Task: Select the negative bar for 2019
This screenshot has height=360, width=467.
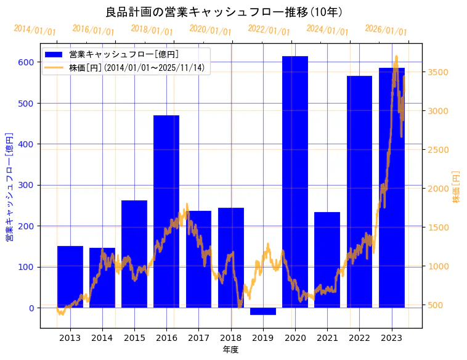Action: pyautogui.click(x=263, y=311)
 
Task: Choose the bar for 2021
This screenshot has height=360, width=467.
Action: pyautogui.click(x=327, y=260)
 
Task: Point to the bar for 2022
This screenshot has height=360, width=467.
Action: pyautogui.click(x=359, y=191)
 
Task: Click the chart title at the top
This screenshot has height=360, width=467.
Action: pyautogui.click(x=224, y=12)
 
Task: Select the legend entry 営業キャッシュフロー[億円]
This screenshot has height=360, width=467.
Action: pyautogui.click(x=124, y=55)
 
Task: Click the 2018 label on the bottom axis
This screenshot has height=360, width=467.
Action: pyautogui.click(x=230, y=338)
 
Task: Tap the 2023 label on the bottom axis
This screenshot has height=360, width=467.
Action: pyautogui.click(x=391, y=338)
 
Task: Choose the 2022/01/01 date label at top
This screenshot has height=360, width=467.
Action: pyautogui.click(x=269, y=30)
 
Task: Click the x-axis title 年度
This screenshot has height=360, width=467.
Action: pyautogui.click(x=230, y=350)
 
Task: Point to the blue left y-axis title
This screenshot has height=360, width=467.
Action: pyautogui.click(x=9, y=186)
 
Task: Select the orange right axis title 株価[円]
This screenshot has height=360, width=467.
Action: pyautogui.click(x=457, y=186)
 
